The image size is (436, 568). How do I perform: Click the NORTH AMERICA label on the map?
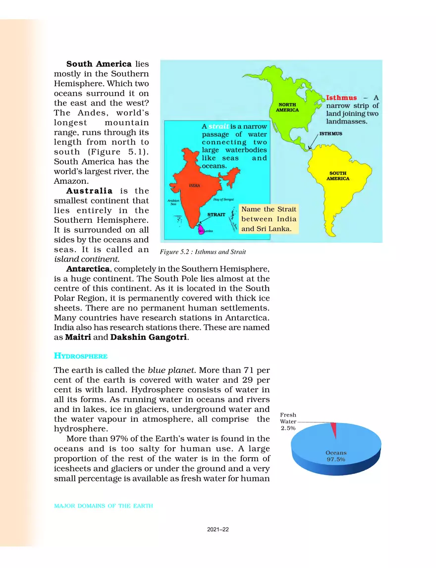click(x=287, y=107)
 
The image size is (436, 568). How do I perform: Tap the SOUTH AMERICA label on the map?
click(x=338, y=176)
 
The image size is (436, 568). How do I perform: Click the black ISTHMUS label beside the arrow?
click(x=330, y=134)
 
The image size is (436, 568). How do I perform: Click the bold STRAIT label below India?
click(x=216, y=214)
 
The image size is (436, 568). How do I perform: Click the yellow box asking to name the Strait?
click(x=269, y=219)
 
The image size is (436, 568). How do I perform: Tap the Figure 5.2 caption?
click(x=203, y=252)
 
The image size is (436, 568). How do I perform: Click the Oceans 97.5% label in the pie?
click(x=336, y=456)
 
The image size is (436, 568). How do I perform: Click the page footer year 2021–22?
click(x=218, y=529)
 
